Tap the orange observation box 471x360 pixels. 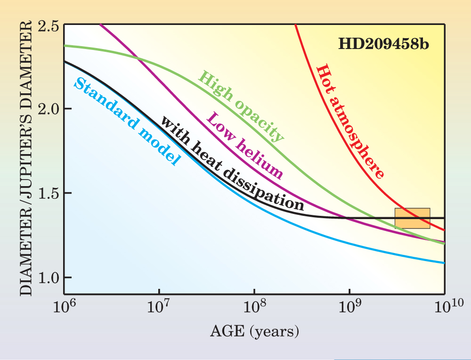(412, 218)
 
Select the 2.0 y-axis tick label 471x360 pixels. (48, 109)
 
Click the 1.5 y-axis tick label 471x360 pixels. (48, 193)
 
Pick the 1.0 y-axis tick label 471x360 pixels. (48, 277)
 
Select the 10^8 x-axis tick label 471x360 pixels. (254, 309)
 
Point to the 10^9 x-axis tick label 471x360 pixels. (349, 309)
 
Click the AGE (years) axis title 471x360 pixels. (254, 332)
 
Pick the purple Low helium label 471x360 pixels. (245, 146)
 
